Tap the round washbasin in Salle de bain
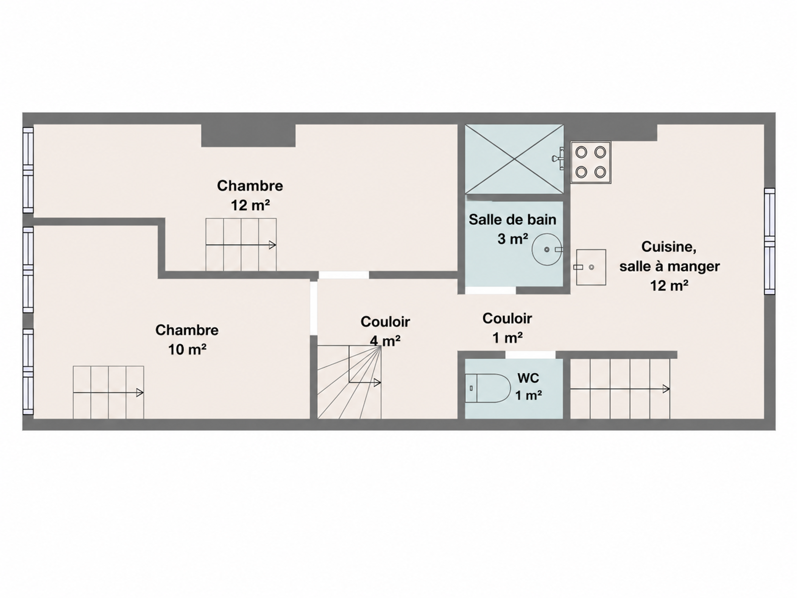click(547, 250)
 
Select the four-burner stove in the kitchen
click(591, 162)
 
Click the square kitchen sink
click(591, 267)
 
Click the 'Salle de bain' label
click(513, 220)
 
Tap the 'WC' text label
click(529, 378)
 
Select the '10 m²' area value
click(187, 350)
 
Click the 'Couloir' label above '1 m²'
click(507, 318)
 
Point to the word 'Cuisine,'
click(669, 247)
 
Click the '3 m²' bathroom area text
click(513, 239)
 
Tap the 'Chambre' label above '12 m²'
click(250, 186)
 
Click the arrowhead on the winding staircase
click(377, 383)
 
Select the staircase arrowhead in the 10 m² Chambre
click(140, 393)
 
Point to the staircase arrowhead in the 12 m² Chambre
click(272, 245)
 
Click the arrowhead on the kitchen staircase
click(666, 389)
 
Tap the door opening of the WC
click(531, 355)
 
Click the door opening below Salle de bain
click(490, 290)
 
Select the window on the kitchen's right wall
click(770, 241)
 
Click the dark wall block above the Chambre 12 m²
click(249, 136)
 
